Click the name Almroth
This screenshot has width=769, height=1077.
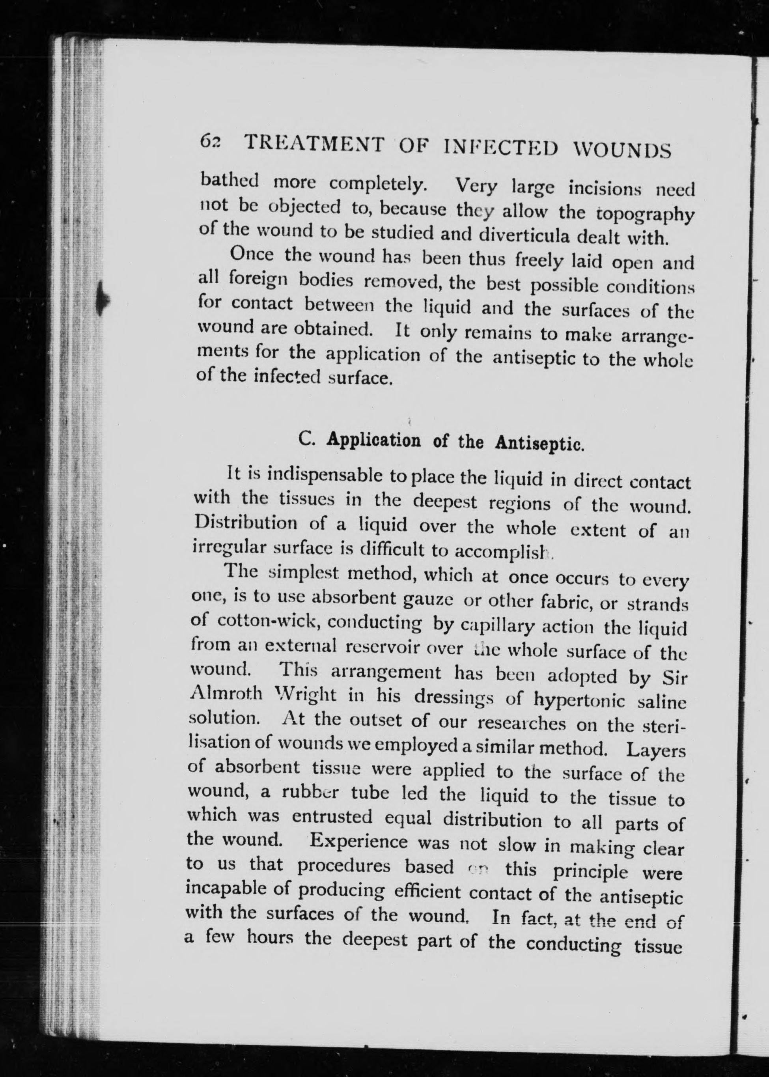tap(226, 693)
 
